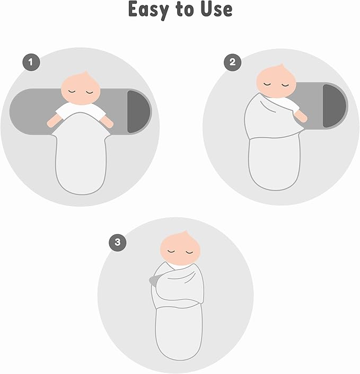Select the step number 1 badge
coord(31,63)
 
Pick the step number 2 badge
coord(232,63)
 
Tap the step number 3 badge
coord(118,242)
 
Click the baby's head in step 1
coord(80,88)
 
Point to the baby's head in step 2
coord(276,81)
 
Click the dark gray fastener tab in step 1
coord(137,112)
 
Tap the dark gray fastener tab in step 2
coord(333,106)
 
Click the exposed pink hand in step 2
coord(300,117)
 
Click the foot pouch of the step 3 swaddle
coord(179,333)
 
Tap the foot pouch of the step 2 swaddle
coord(275,164)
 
